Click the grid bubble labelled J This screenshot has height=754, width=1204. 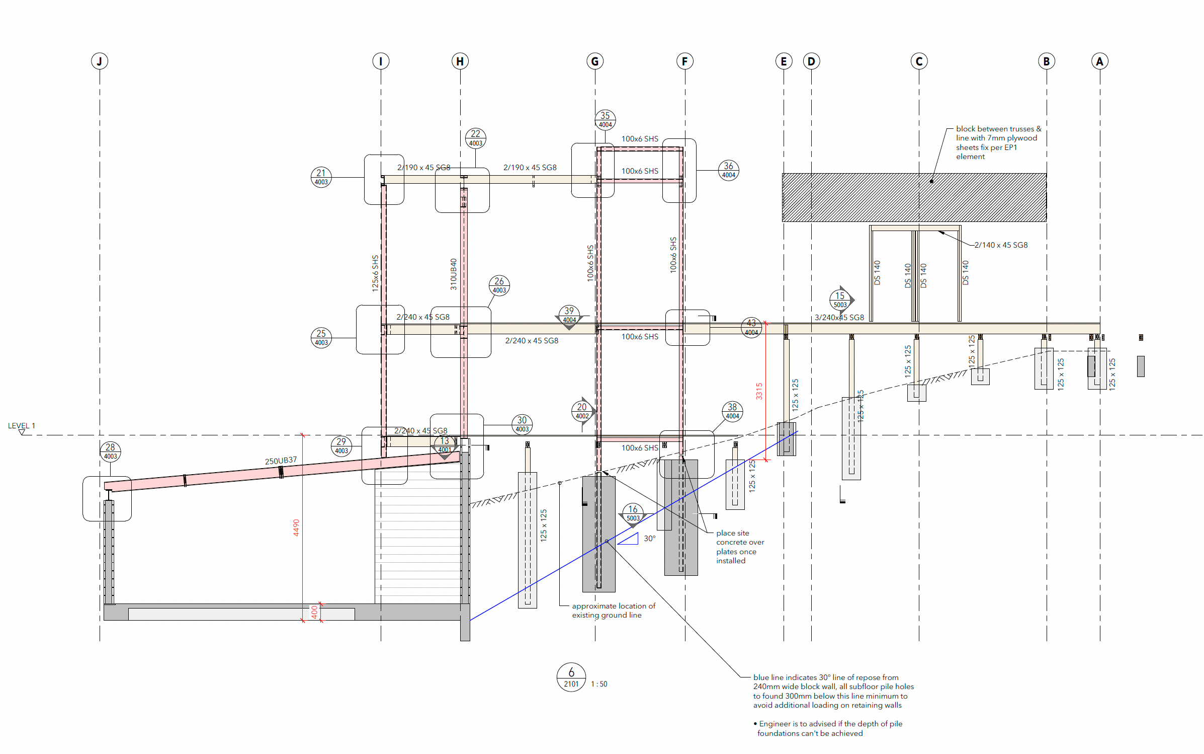(100, 61)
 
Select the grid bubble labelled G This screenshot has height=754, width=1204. (595, 61)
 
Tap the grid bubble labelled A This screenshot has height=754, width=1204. (1100, 61)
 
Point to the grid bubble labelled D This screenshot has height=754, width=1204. (811, 61)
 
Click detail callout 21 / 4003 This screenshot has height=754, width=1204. (321, 177)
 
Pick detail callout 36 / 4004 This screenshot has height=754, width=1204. (729, 170)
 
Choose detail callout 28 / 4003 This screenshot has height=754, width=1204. (110, 451)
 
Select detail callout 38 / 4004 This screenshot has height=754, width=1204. (732, 411)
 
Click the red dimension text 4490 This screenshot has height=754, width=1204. (296, 527)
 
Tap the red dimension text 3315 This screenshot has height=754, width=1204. (759, 391)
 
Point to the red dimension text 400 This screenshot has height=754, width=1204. (314, 612)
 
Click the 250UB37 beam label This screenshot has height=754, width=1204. (281, 461)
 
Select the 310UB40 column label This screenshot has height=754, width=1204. (453, 274)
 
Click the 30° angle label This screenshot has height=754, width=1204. (650, 539)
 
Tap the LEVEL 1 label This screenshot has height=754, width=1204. (22, 426)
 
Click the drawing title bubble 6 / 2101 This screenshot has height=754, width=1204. (571, 677)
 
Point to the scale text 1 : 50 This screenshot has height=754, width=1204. (599, 684)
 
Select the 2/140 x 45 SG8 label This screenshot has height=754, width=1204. (1001, 245)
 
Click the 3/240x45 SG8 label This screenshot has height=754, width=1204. (839, 318)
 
